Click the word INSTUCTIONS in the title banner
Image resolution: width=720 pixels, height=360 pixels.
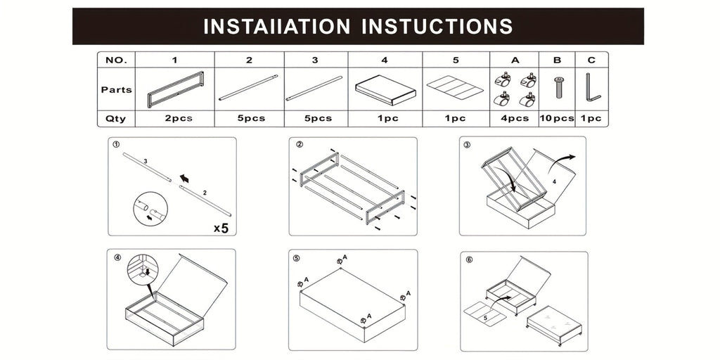click(x=437, y=26)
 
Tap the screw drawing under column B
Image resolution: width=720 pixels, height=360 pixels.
click(x=559, y=87)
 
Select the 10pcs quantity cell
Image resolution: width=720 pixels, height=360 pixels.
click(x=557, y=118)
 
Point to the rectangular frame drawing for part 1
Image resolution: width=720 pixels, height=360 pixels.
click(x=175, y=90)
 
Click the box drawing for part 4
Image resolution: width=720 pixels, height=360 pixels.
click(x=385, y=90)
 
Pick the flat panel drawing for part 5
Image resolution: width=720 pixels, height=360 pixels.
click(x=455, y=87)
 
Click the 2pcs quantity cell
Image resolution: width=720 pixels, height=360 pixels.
click(x=175, y=118)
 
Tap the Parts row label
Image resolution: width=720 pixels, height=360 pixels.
click(x=116, y=89)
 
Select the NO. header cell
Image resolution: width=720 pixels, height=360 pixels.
click(x=116, y=60)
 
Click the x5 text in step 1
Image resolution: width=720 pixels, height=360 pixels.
click(x=221, y=228)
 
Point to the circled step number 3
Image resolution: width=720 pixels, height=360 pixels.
click(x=467, y=145)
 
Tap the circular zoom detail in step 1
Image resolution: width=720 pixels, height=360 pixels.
click(x=150, y=209)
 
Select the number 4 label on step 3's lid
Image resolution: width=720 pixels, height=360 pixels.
click(x=554, y=182)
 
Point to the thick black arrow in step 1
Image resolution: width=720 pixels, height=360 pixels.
click(x=185, y=177)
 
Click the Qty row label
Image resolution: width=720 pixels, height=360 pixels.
click(x=116, y=118)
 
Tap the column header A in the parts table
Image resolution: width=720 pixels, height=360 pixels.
click(x=515, y=60)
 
